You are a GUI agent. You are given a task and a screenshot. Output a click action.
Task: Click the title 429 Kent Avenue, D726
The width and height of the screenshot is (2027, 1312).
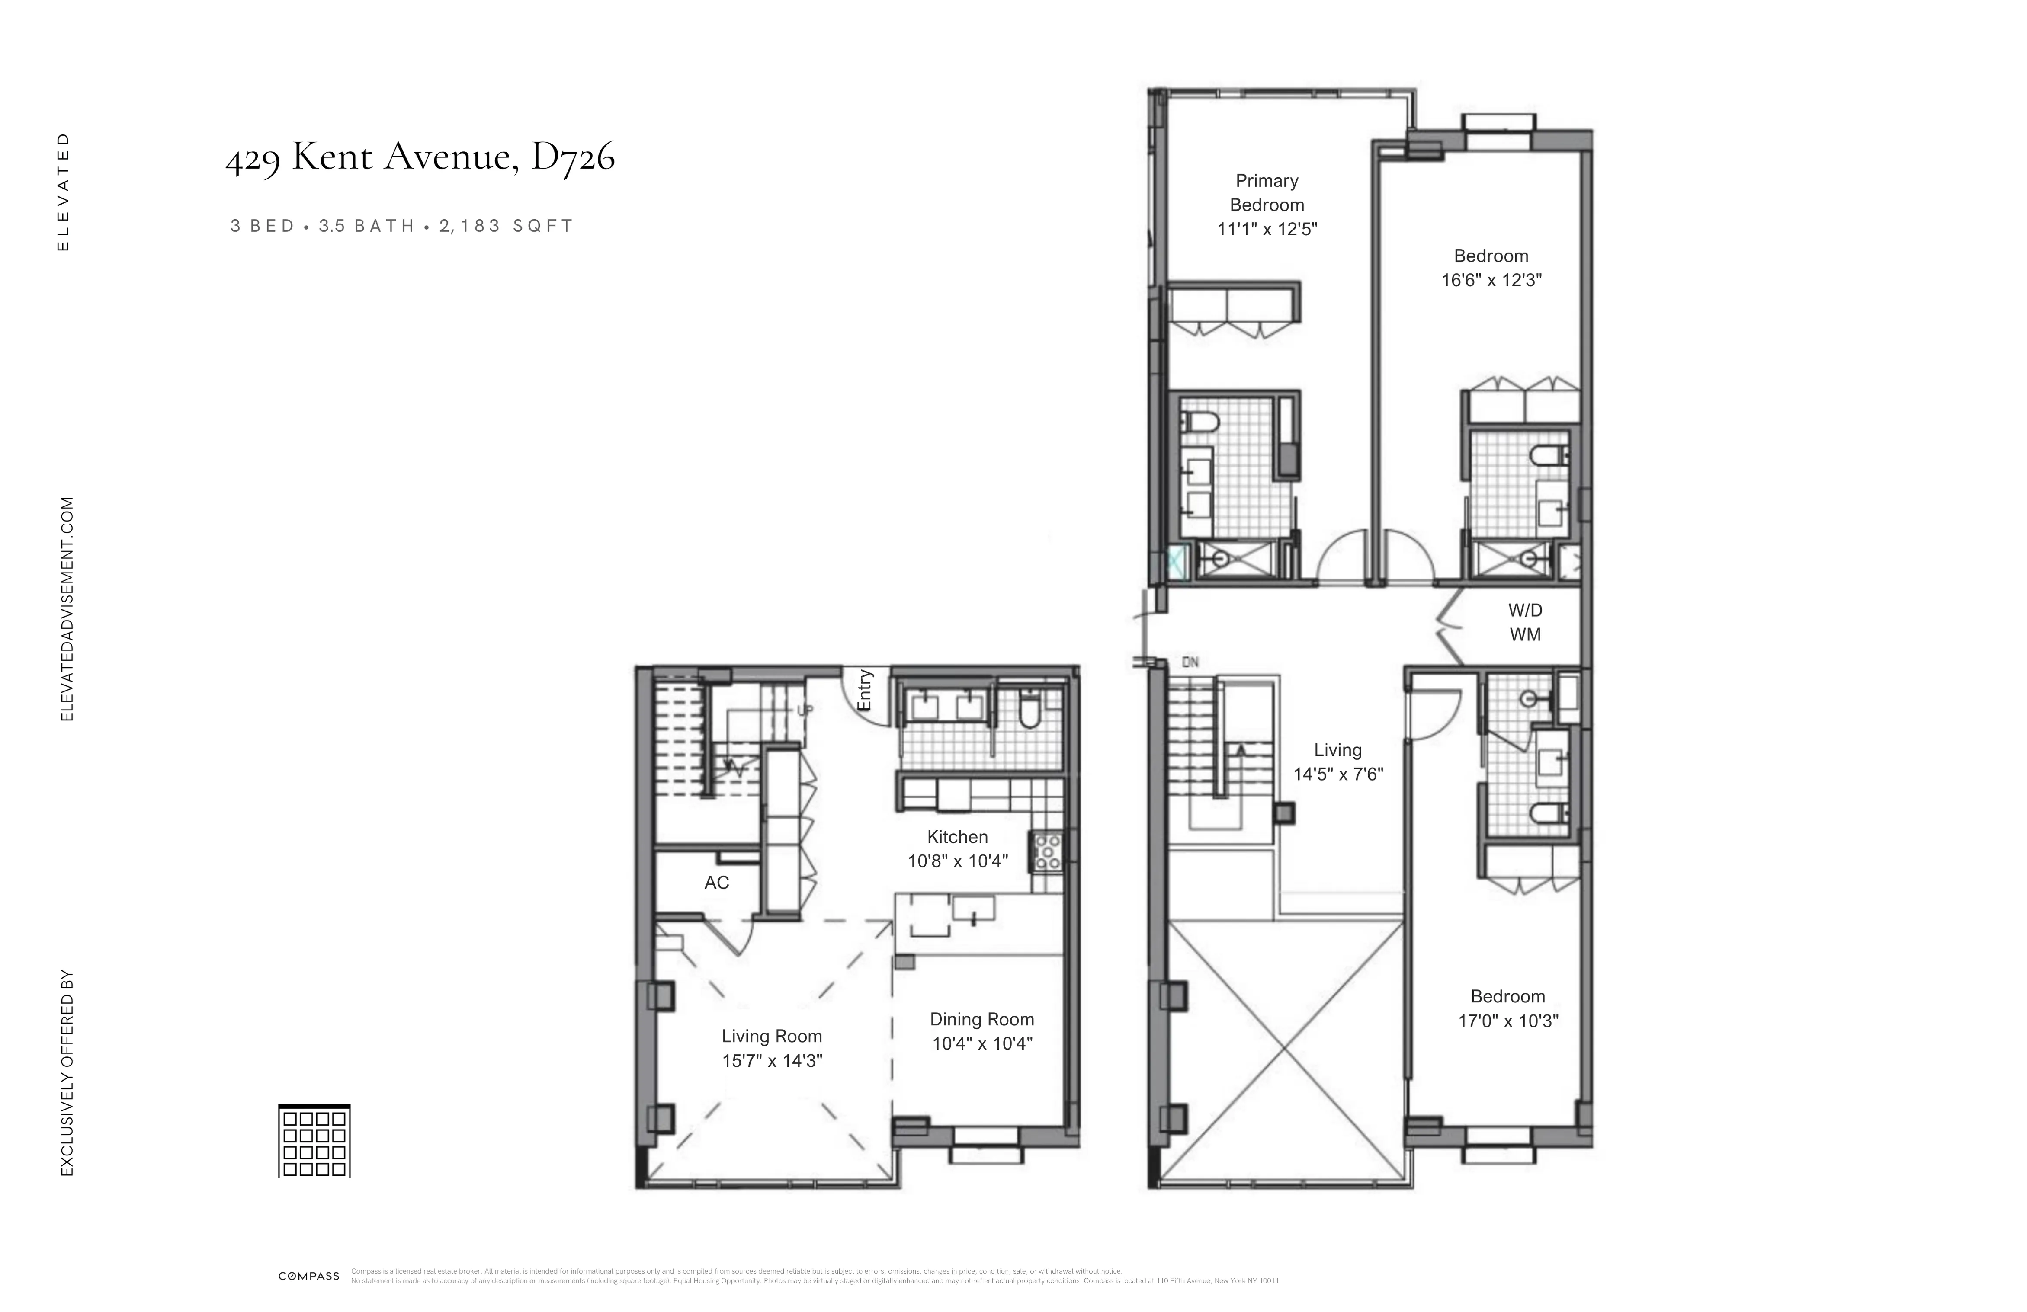click(420, 157)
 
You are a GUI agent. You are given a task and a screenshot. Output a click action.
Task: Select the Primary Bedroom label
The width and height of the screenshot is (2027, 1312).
click(1267, 192)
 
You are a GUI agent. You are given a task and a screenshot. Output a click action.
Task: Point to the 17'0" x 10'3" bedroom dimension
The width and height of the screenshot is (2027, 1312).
click(1507, 1021)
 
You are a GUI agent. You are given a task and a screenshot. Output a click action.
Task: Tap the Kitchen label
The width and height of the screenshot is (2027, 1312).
click(957, 837)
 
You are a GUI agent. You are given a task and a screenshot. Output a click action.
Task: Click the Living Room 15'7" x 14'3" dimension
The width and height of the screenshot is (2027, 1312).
click(772, 1061)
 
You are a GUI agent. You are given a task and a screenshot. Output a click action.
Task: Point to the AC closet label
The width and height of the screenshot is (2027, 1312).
click(716, 883)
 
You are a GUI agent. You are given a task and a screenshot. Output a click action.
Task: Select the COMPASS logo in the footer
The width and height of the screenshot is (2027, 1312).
click(308, 1276)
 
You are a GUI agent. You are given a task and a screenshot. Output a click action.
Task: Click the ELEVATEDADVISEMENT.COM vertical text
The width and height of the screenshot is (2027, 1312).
click(67, 609)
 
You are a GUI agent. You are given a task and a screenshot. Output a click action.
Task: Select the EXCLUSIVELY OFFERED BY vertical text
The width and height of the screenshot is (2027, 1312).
click(67, 1073)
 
